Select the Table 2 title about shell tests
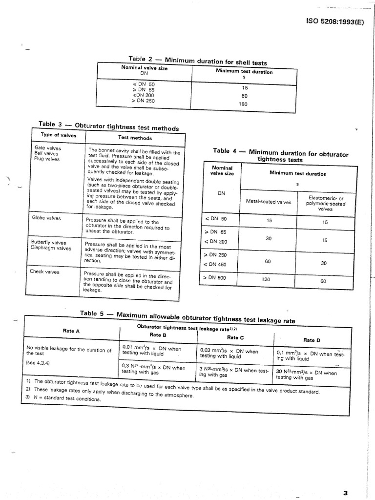click(x=197, y=60)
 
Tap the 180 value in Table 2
click(x=244, y=104)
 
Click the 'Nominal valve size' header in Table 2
click(x=144, y=69)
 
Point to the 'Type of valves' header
click(x=59, y=135)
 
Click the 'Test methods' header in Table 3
click(x=135, y=138)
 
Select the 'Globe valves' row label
click(x=47, y=218)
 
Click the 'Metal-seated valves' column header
click(x=268, y=202)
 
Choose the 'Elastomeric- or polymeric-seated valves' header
click(x=325, y=204)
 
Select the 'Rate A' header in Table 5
click(x=71, y=331)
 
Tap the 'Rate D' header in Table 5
click(x=312, y=340)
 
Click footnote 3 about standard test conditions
click(x=63, y=399)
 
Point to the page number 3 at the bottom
click(x=345, y=493)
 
